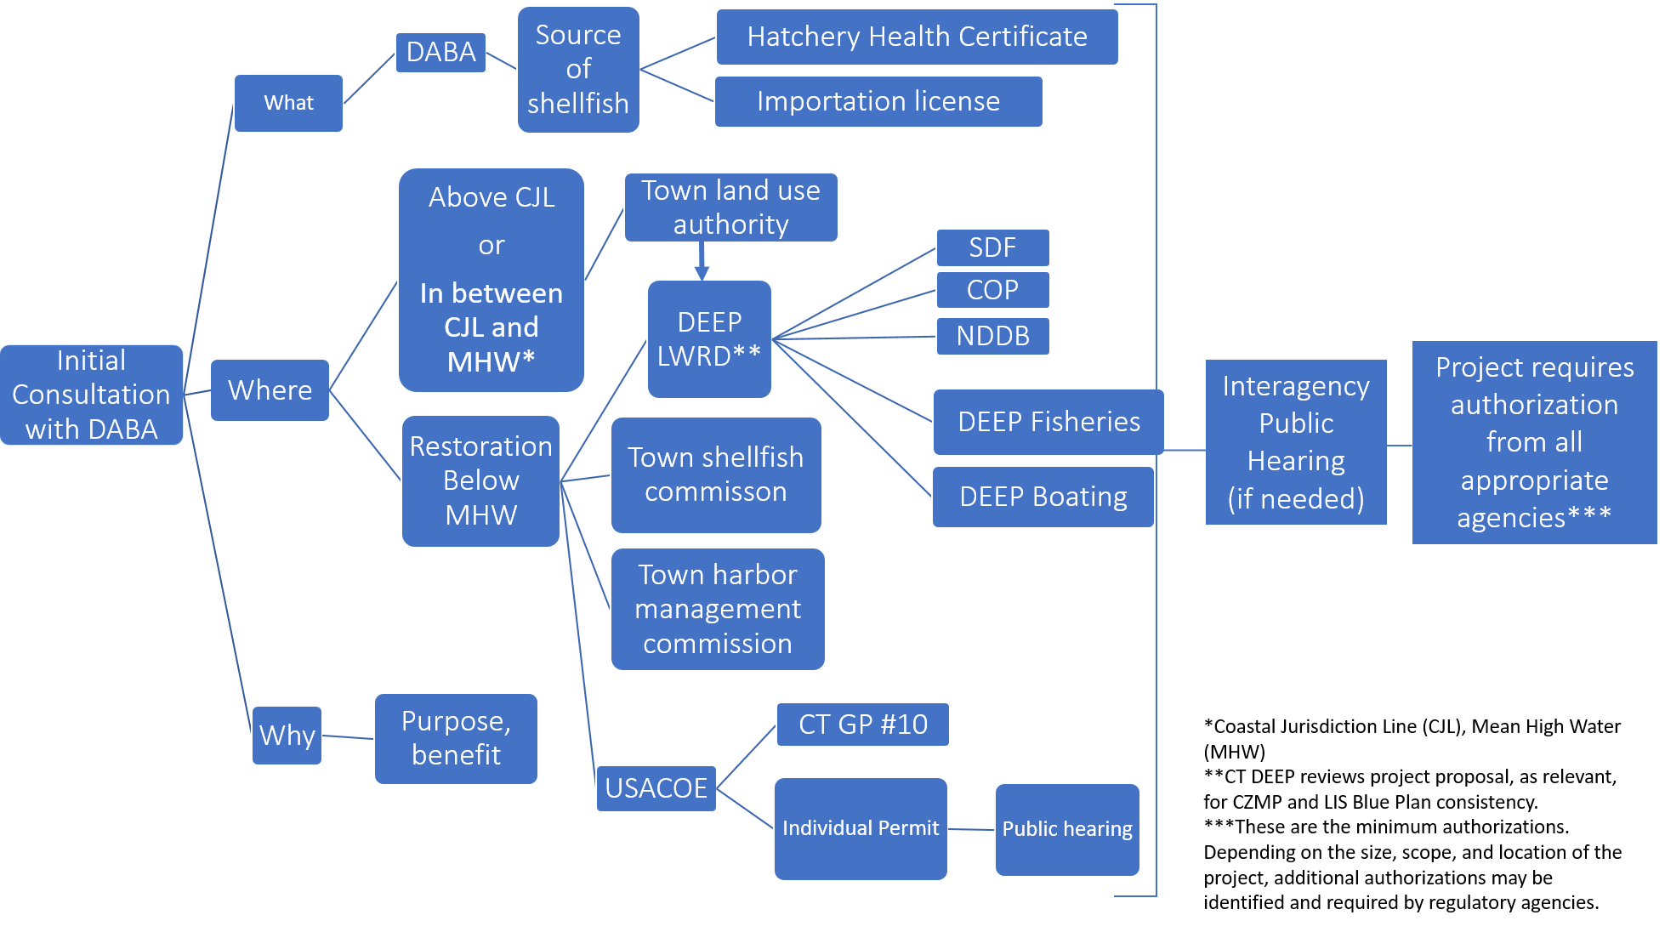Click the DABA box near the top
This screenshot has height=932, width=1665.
coord(440,53)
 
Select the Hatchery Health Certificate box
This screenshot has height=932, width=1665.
coord(917,37)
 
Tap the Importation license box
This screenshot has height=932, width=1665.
coord(878,101)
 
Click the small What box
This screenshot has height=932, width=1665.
coord(288,103)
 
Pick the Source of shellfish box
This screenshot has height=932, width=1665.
coord(578,70)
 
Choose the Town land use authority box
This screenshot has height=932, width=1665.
coord(730,207)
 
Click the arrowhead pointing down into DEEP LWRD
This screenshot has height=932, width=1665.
coord(702,272)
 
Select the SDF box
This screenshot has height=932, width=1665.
coord(992,247)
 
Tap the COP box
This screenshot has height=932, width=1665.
coord(992,290)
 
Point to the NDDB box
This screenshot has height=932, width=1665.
coord(992,336)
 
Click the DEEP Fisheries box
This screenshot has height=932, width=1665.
coord(1048,422)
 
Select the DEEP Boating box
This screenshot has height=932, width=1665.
coord(1043,497)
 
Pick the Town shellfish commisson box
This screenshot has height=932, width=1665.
coord(716,475)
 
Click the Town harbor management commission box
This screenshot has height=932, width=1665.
coord(718,609)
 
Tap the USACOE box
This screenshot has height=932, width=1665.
coord(656,788)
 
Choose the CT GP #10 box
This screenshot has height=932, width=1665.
coord(862,725)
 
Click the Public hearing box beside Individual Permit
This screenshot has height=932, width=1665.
coord(1067,829)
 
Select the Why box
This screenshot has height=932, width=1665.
coord(287,736)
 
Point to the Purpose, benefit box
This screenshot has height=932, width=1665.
coord(456,738)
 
